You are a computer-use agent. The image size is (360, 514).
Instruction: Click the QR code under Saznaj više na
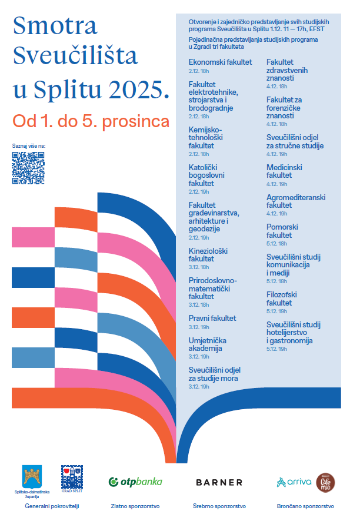(x=28, y=168)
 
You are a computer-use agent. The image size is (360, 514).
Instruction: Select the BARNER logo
(x=219, y=482)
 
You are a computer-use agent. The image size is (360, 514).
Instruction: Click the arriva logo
(x=294, y=482)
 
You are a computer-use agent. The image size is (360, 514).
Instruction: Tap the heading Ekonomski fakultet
(x=220, y=62)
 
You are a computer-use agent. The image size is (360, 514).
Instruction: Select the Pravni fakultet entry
(x=212, y=318)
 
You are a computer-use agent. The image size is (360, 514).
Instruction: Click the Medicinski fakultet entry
(x=284, y=171)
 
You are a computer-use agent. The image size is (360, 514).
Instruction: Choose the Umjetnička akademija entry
(x=208, y=344)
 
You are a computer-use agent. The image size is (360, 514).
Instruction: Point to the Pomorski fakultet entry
(x=282, y=231)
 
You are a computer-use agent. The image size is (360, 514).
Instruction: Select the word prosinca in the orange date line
(x=136, y=122)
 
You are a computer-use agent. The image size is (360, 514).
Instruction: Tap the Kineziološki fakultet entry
(x=208, y=254)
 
